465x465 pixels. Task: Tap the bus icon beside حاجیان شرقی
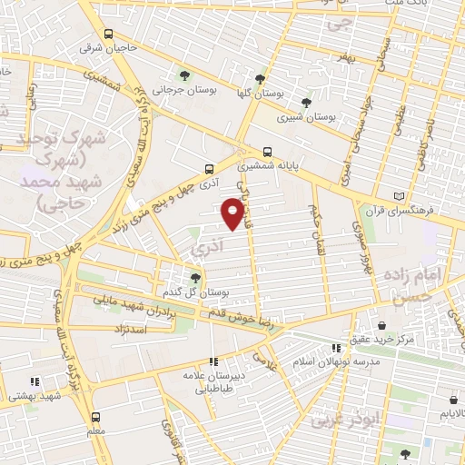tap(108, 35)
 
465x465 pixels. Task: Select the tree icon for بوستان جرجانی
tap(185, 75)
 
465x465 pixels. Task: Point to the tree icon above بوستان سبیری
tap(305, 103)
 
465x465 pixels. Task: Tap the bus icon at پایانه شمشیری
tap(267, 153)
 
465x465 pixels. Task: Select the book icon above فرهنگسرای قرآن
tap(397, 196)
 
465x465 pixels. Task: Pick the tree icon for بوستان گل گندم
tap(195, 278)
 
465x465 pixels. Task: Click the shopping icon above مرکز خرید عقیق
tap(381, 325)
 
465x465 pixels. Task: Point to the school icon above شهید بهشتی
tap(35, 381)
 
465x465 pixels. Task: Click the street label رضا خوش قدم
tap(257, 314)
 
